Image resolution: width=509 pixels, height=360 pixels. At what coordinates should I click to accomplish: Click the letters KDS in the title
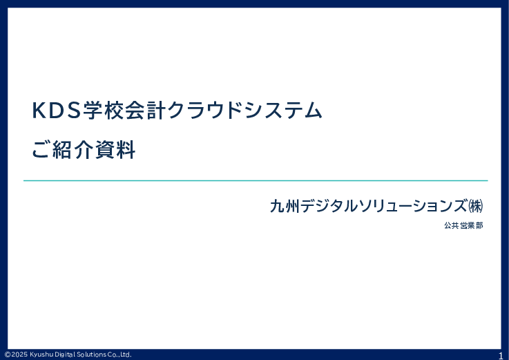click(56, 111)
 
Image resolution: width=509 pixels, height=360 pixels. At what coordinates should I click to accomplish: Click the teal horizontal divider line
click(256, 180)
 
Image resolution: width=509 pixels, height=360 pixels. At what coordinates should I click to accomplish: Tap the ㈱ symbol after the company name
click(474, 205)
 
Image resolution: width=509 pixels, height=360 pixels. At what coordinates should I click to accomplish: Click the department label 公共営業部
click(463, 225)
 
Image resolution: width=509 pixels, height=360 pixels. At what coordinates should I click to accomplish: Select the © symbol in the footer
click(7, 354)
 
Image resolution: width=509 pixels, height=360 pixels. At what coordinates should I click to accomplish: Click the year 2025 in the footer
click(19, 354)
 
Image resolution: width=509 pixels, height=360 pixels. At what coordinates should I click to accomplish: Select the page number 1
click(501, 355)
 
